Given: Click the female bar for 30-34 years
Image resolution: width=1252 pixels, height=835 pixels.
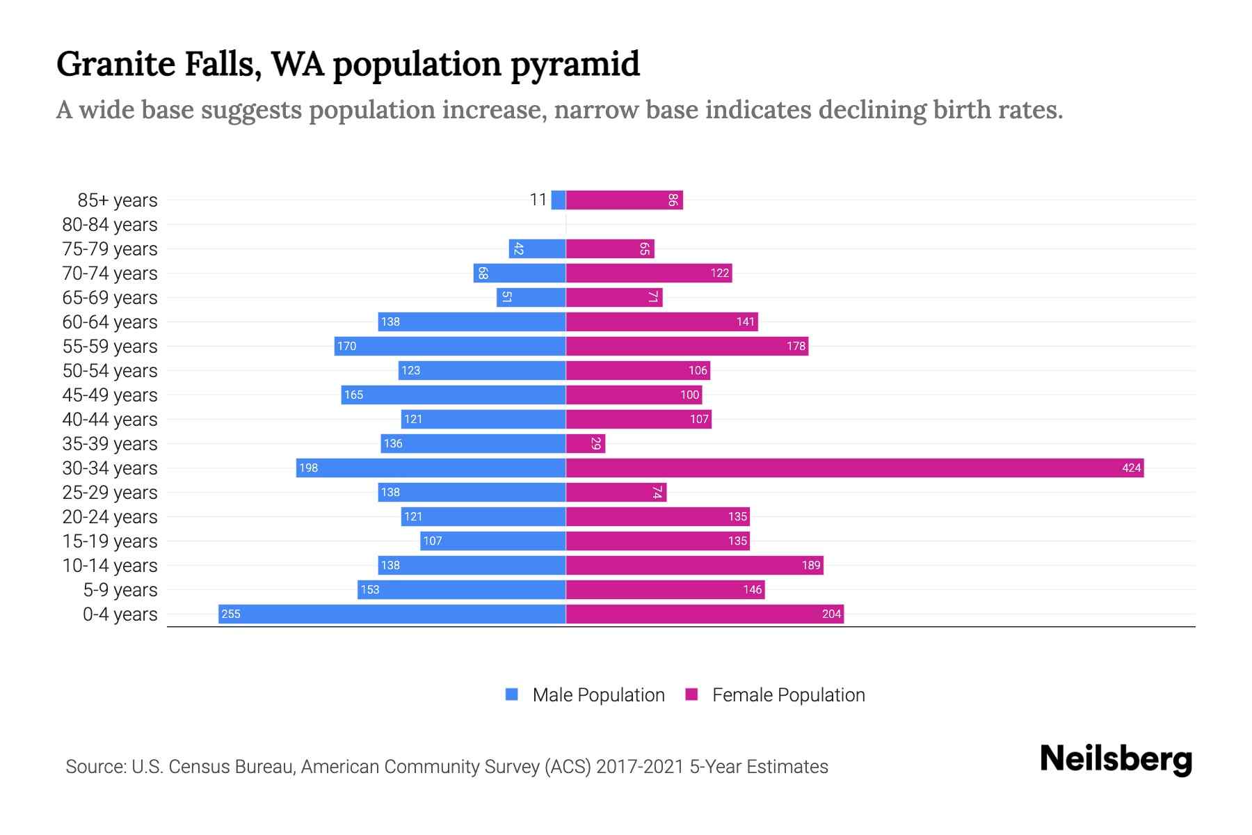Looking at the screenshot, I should (854, 468).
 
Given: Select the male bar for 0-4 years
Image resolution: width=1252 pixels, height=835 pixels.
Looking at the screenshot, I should (392, 614).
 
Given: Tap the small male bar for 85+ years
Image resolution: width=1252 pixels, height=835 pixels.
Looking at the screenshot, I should (558, 200).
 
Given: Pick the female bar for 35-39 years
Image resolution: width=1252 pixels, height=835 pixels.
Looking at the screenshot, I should (585, 443).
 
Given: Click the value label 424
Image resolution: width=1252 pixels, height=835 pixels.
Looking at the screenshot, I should (1131, 468).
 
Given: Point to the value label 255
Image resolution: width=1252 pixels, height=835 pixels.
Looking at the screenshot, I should (231, 614).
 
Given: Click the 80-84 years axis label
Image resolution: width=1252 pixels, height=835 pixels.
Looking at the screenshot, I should (110, 224).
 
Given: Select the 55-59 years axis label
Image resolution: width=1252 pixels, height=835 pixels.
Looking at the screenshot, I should (110, 346).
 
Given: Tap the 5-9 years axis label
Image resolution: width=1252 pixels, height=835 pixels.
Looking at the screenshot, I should (120, 589).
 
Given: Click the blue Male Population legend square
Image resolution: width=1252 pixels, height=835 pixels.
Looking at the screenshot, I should (512, 694).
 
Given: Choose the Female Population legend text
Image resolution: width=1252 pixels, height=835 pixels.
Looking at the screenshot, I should (788, 694).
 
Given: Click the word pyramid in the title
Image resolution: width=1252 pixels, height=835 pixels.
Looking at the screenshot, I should (575, 64).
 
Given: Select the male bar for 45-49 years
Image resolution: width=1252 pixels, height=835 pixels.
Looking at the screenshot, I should (453, 395).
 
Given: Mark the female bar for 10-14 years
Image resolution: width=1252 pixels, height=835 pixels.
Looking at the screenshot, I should (694, 565).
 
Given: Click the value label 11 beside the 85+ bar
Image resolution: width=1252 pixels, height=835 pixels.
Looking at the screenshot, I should (538, 200).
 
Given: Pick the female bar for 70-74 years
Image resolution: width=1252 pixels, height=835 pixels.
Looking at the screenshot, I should (648, 273).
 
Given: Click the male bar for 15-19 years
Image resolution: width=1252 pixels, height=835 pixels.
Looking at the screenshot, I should (492, 541).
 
